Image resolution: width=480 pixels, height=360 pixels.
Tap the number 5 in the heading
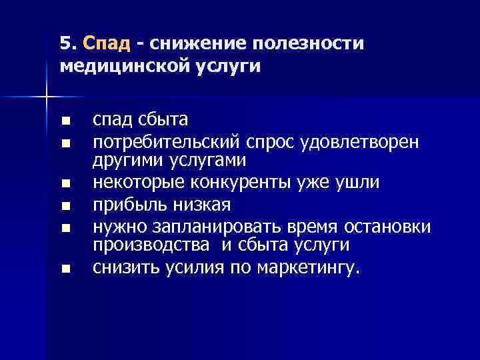64,43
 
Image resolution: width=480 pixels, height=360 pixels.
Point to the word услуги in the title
226,67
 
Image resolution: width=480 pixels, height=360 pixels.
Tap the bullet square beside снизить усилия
64,269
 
